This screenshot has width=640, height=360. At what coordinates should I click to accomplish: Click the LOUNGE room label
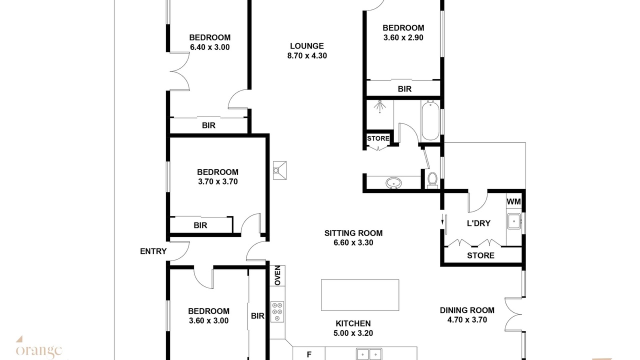click(307, 46)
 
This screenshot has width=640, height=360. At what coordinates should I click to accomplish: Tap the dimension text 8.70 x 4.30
click(307, 55)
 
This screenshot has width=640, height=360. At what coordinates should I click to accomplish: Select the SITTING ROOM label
click(353, 233)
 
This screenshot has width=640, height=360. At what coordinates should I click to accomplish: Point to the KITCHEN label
click(353, 323)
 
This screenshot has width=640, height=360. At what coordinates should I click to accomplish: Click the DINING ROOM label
click(467, 310)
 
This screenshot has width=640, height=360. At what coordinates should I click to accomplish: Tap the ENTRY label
click(153, 251)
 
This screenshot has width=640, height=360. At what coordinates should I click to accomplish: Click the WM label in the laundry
click(513, 201)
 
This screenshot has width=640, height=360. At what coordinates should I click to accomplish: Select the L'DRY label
click(478, 223)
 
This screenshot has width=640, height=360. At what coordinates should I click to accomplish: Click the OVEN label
click(277, 275)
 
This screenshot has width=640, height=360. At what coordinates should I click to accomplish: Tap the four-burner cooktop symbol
click(277, 311)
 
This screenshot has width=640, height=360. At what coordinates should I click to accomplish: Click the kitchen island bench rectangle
click(360, 295)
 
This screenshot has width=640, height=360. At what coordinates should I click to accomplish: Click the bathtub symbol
click(430, 120)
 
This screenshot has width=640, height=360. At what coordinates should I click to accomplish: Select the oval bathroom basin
click(393, 182)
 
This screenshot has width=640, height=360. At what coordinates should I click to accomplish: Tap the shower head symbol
click(379, 106)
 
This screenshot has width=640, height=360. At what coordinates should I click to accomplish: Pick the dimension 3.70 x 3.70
click(217, 181)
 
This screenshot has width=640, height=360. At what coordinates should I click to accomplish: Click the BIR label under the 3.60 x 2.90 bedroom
click(404, 89)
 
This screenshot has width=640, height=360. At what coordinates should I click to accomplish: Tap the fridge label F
click(309, 354)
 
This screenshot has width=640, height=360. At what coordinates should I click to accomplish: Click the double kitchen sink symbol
click(369, 354)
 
